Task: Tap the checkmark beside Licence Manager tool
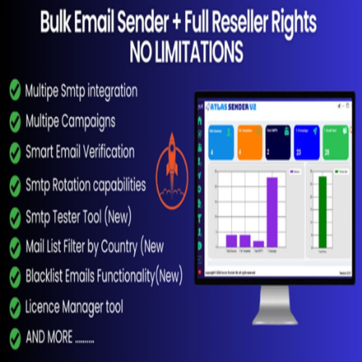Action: (15, 308)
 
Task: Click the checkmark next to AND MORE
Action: (15, 338)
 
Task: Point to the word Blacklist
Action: (45, 276)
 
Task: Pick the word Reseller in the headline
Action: (255, 22)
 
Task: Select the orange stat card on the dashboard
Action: (249, 142)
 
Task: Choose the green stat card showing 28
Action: (336, 142)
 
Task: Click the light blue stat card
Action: (221, 142)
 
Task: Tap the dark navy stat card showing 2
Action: (278, 142)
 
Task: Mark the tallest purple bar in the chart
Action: (272, 212)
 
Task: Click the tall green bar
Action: (322, 212)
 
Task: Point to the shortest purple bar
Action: (258, 243)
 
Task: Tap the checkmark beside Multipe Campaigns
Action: (15, 121)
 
